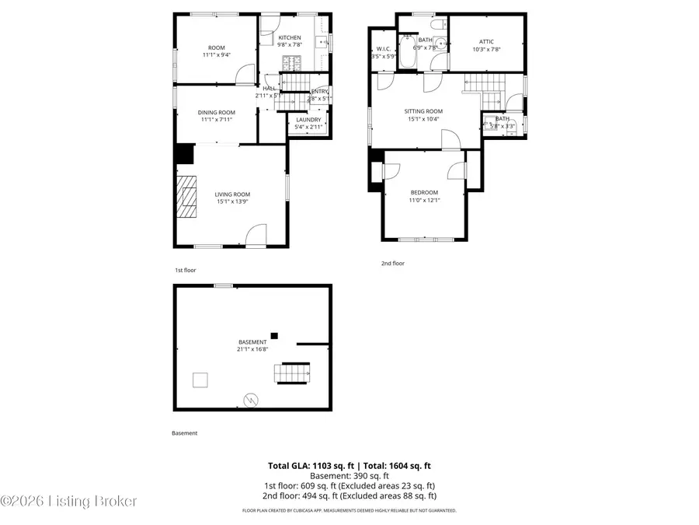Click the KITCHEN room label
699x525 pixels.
290,38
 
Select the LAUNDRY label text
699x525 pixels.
308,119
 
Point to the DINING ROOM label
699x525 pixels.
217,112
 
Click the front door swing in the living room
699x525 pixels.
256,235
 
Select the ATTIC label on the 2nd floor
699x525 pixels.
487,42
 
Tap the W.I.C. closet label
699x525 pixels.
384,49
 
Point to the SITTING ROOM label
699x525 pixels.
423,111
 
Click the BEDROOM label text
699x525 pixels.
424,192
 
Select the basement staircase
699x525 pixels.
294,373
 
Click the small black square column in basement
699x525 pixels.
274,335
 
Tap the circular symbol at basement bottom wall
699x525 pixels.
251,400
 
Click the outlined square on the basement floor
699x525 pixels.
200,380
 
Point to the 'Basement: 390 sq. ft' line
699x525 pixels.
349,475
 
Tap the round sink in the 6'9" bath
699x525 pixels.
439,43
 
